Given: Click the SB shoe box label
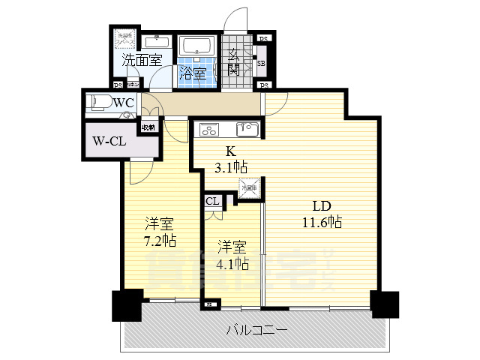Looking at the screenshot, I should pos(262,63).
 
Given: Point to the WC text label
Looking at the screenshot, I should pos(124,101).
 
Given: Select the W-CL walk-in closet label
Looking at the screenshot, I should pos(109,140).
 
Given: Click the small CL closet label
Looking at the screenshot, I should pos(212,201).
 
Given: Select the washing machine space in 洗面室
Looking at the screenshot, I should pos(123,41).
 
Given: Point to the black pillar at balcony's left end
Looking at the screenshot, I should pos(124,305).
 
